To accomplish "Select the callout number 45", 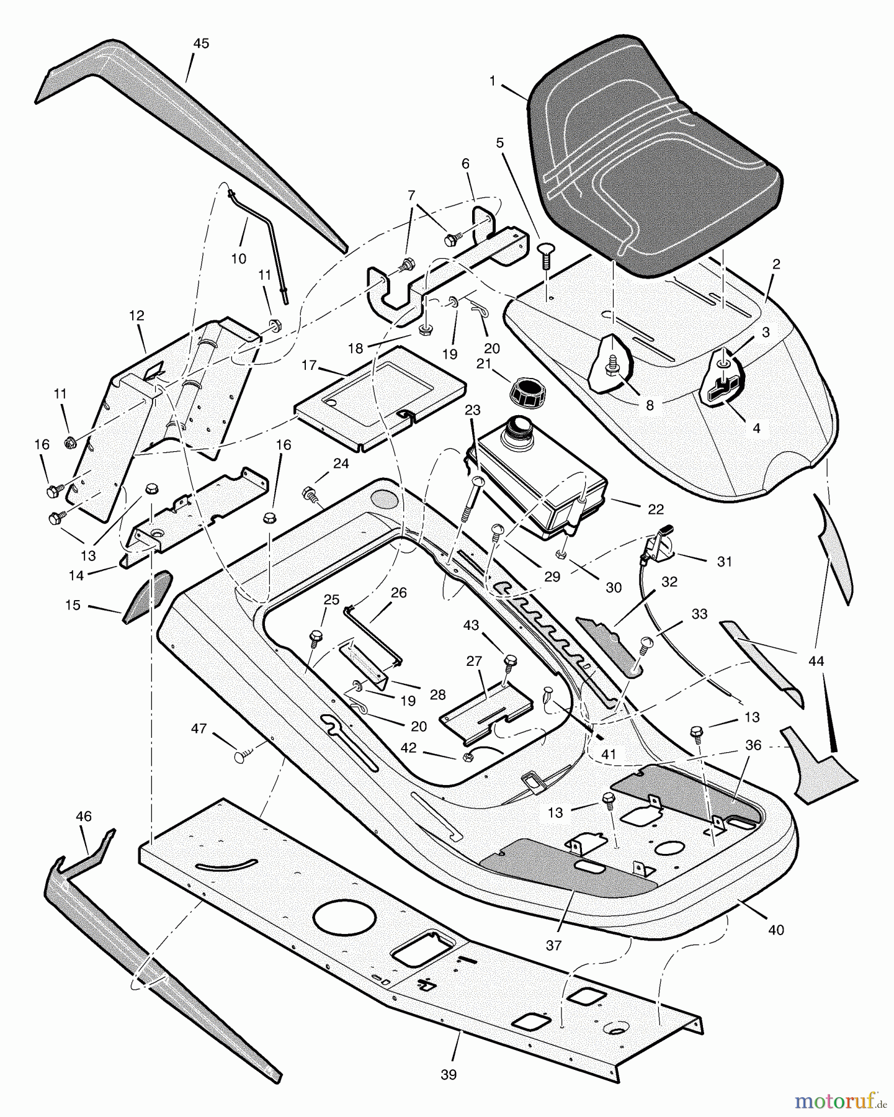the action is (200, 44).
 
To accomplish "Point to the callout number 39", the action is (448, 1075).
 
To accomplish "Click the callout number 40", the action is (776, 930).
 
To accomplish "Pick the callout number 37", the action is (553, 945).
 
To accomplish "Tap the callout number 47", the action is (199, 729).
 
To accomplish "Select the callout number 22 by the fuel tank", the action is (655, 509).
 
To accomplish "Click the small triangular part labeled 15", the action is (147, 596).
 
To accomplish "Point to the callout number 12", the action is (136, 316).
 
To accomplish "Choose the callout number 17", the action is (309, 366).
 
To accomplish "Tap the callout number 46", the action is (83, 817).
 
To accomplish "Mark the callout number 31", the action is (724, 562).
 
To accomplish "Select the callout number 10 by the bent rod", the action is (239, 259).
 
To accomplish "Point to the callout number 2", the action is (776, 264).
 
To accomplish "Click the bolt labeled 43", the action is (510, 663).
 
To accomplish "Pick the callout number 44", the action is (816, 662).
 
